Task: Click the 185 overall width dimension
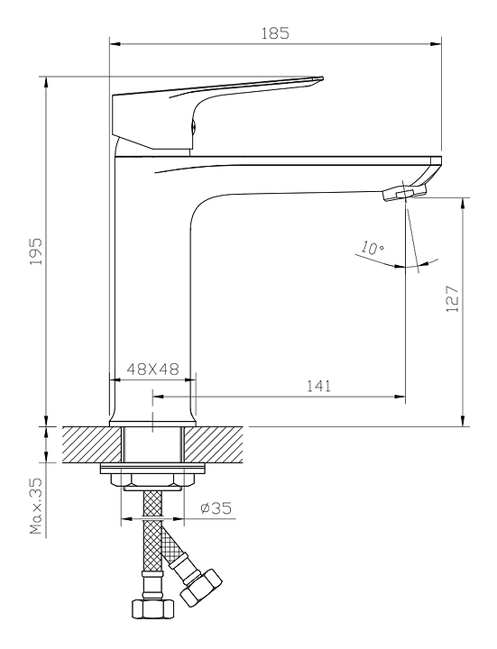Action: (275, 32)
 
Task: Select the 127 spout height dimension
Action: (452, 298)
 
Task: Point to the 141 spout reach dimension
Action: (319, 386)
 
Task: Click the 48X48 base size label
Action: (152, 369)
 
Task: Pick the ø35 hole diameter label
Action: (216, 507)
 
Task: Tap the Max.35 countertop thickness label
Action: (36, 506)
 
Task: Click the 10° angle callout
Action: (372, 248)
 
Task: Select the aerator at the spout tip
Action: (405, 193)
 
